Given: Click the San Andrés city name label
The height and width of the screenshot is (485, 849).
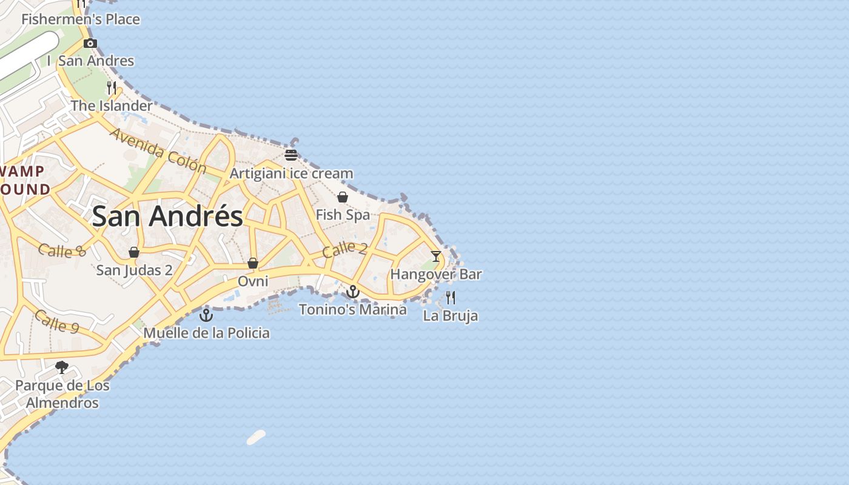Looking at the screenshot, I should pos(167,216).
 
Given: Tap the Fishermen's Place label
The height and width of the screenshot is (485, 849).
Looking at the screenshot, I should pos(81,19).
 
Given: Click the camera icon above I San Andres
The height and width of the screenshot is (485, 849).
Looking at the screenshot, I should pos(90,43).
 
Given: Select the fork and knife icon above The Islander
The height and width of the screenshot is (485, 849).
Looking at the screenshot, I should pos(112,88).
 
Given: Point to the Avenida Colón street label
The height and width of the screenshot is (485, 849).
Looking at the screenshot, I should pos(158,150).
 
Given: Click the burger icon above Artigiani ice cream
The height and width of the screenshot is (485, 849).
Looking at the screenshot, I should pos(291,155).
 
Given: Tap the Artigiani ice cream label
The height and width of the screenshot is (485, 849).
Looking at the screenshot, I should pos(291,173).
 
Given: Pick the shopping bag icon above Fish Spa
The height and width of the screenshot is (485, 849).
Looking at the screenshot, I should pos(343,197).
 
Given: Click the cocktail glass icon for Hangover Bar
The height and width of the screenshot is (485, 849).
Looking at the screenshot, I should pos(436,256).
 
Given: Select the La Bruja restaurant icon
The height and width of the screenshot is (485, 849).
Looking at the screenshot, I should pos(451,298).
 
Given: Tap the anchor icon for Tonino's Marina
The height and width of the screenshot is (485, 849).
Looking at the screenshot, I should pos(352,292).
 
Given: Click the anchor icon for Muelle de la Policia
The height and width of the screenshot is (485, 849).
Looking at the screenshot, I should pos(207,315).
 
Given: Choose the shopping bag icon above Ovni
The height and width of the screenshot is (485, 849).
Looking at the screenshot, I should pos(253,263).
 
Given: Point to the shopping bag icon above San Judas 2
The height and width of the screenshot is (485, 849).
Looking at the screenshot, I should pos(134,252).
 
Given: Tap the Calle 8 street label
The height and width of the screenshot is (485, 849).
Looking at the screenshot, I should pos(62,250).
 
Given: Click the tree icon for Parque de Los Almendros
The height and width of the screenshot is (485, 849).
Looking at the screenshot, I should pos(62,367).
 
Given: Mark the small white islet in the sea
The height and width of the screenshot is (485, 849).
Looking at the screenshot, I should pos(257,438).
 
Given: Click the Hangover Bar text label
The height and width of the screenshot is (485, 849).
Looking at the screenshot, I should pos(436,275).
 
